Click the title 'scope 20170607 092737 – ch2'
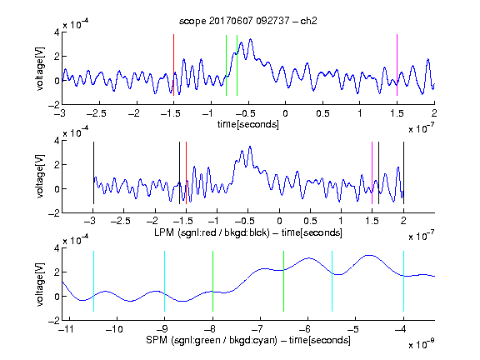coord(248,21)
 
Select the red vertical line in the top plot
coord(173,65)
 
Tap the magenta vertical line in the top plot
coord(397,65)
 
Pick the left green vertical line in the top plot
coord(226,66)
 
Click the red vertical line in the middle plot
coord(186,173)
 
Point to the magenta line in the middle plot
coord(372,173)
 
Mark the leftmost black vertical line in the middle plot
coord(93,173)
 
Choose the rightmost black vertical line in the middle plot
coord(403,173)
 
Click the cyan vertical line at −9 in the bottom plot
coord(164,282)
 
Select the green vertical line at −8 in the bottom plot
coord(212,282)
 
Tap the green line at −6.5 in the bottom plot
coord(284,282)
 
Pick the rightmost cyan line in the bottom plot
coord(403,282)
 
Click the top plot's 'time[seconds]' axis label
coord(248,124)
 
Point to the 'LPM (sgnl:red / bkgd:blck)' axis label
coord(212,232)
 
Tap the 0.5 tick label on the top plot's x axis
coord(322,113)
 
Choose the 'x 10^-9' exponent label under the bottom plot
coord(421,344)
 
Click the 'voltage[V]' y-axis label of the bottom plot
coord(40,284)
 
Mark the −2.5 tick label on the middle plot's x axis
coord(120,221)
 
